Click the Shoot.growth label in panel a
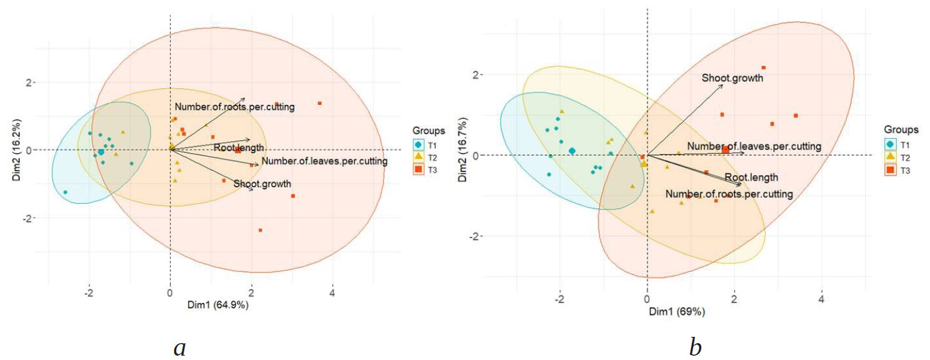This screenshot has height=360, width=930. [262, 184]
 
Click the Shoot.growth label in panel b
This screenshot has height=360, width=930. [732, 78]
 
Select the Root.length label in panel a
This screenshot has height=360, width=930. [239, 148]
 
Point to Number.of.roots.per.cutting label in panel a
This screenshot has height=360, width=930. [234, 107]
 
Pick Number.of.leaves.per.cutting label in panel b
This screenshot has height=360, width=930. [754, 146]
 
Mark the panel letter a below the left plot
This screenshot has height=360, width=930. [180, 347]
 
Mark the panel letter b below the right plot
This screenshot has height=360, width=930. [696, 347]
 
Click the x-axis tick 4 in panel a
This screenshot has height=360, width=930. [332, 292]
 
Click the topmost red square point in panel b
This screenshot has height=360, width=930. [763, 67]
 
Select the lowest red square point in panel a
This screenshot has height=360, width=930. [261, 230]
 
